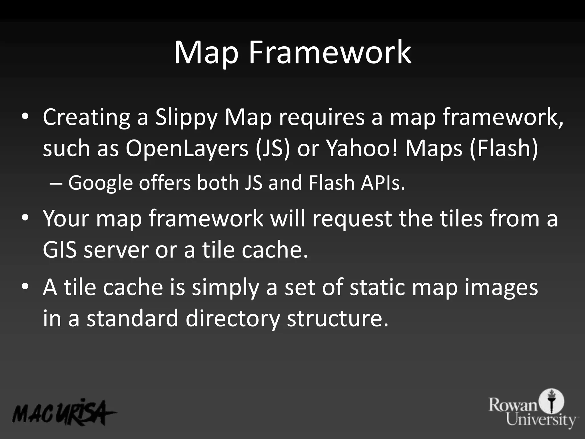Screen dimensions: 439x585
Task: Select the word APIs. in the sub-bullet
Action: (x=383, y=183)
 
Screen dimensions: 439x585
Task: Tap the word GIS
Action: (x=60, y=250)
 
